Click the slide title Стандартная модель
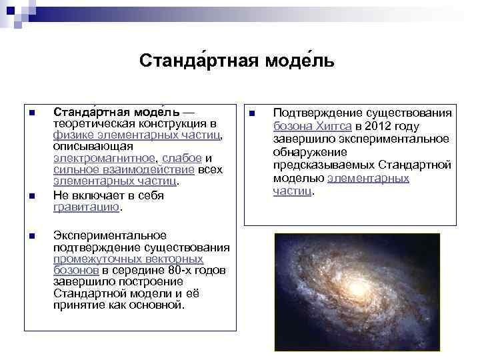click(237, 61)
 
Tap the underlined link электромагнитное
click(104, 158)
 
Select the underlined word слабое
click(181, 158)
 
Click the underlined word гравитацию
click(86, 207)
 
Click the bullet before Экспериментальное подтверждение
click(31, 236)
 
